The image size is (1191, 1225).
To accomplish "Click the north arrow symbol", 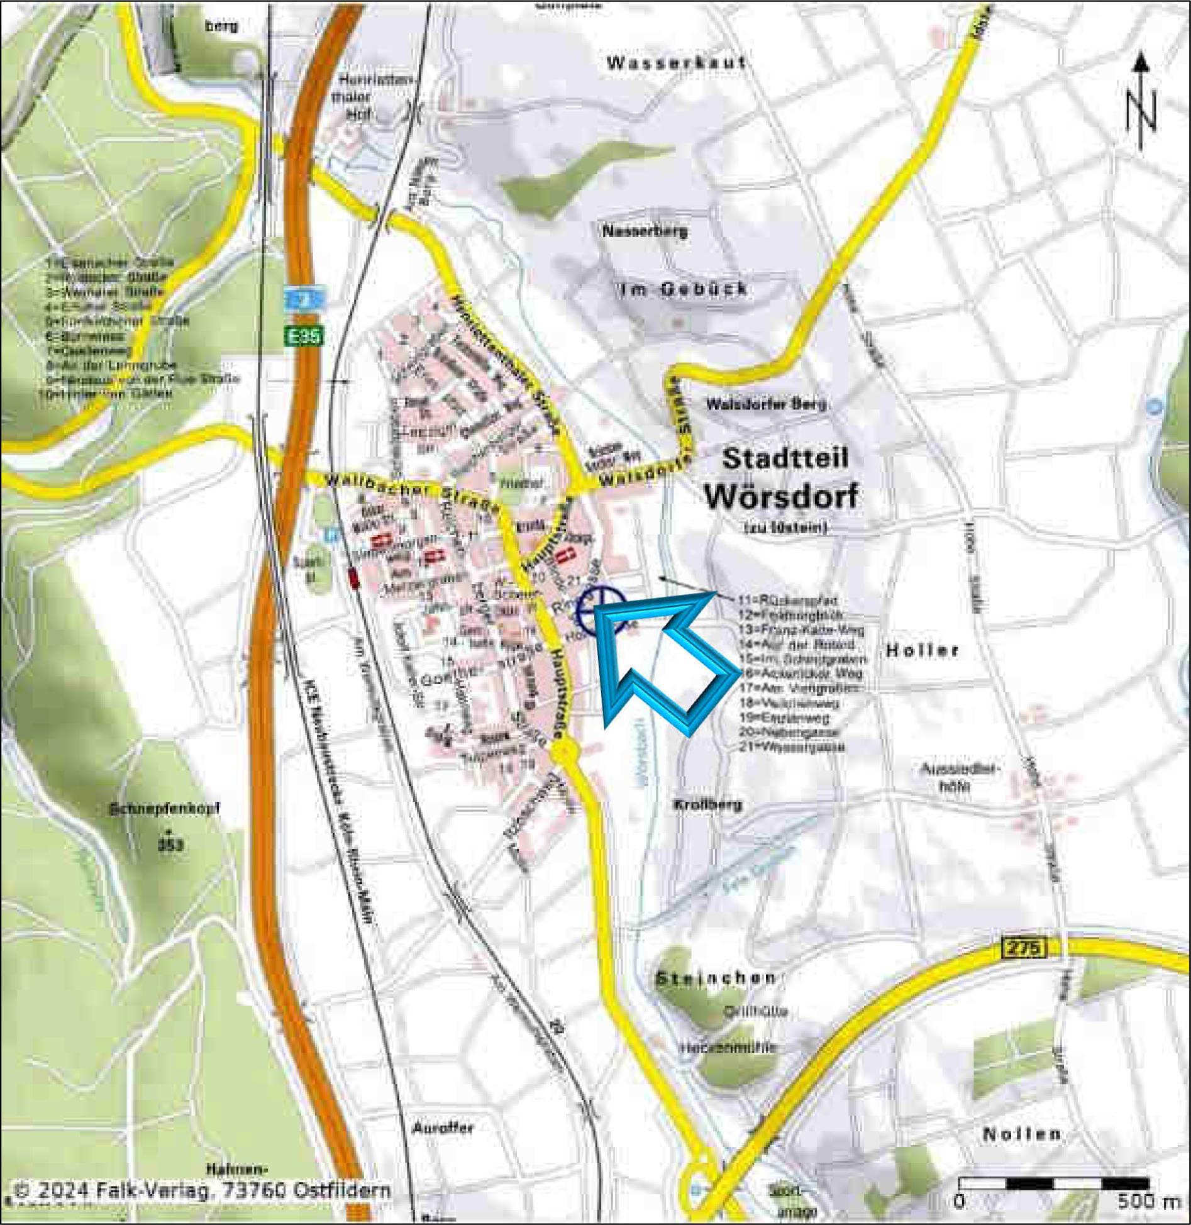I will [x=1142, y=104].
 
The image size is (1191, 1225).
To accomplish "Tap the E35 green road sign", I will [x=303, y=336].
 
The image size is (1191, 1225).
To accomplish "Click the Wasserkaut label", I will [x=677, y=63].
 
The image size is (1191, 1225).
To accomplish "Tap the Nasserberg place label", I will [x=645, y=231].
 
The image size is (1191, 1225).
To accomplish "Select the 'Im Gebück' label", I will [x=684, y=289].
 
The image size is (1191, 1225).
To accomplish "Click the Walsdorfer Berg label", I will [x=766, y=404].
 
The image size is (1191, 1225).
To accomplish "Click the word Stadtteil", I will [x=785, y=458].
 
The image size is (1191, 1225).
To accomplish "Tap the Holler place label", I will [x=922, y=650].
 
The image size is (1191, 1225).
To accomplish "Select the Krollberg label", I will [x=707, y=804].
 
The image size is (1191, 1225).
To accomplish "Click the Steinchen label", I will [x=716, y=978].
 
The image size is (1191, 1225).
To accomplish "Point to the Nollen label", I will [x=1022, y=1134].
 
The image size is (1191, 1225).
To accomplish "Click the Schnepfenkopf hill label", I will [x=165, y=809].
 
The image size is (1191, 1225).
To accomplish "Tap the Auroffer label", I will [x=443, y=1128].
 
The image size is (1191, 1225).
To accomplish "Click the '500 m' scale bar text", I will [x=1148, y=1201].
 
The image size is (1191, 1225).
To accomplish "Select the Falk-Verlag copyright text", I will [x=201, y=1190].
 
